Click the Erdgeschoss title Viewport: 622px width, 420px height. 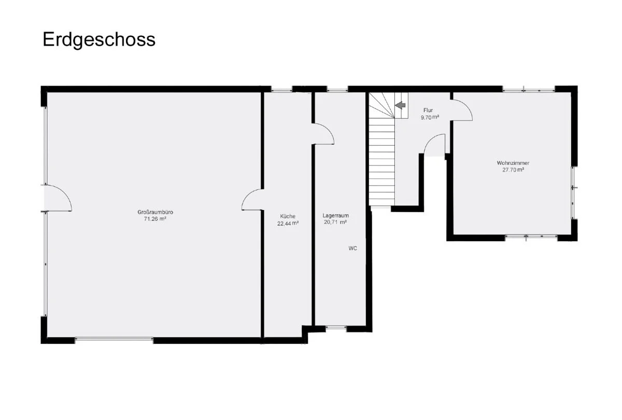tap(99, 39)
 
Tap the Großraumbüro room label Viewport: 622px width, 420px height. tap(152, 212)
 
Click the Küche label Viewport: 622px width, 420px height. tap(288, 216)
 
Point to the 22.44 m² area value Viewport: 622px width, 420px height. tap(288, 223)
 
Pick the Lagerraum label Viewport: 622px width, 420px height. tap(335, 215)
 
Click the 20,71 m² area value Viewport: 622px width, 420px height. tap(335, 222)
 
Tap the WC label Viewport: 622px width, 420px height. tap(352, 248)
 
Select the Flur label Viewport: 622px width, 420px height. tap(428, 110)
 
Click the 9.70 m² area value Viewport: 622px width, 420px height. tap(430, 117)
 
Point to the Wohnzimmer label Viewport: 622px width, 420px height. tap(513, 163)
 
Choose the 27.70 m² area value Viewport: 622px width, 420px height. tap(513, 170)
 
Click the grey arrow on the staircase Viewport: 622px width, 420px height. tap(400, 105)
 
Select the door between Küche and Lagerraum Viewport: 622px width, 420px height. tap(323, 134)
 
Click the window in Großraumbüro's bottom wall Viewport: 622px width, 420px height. tap(114, 340)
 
